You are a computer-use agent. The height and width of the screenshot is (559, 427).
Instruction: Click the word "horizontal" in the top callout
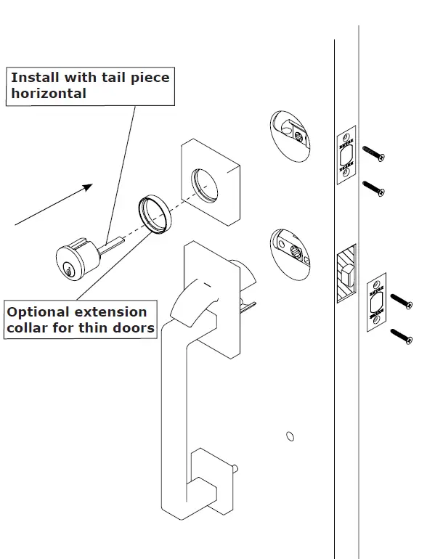click(x=49, y=94)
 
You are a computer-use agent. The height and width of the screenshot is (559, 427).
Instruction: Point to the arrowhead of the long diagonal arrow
click(x=88, y=187)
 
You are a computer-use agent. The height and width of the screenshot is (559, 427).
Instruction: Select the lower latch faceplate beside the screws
click(x=376, y=303)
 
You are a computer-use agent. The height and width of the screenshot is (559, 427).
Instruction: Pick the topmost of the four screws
click(x=373, y=153)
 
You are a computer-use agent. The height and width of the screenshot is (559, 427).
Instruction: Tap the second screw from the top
click(x=373, y=189)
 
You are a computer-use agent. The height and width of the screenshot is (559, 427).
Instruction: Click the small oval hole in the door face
click(x=290, y=436)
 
